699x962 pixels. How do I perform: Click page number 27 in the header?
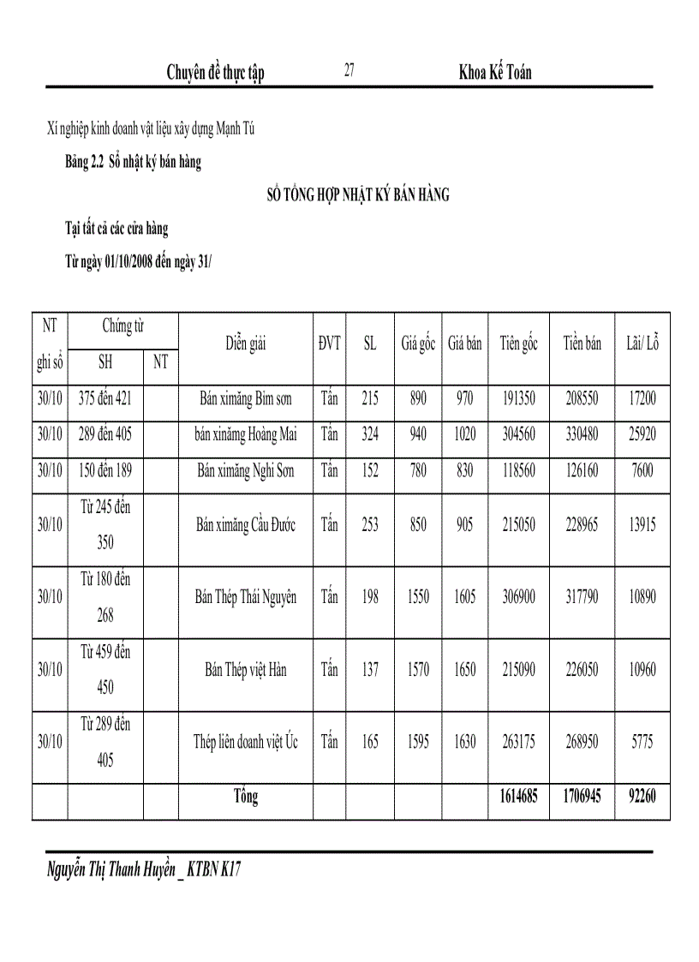(x=349, y=71)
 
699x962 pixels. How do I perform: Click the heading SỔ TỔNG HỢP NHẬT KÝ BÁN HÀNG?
(x=358, y=195)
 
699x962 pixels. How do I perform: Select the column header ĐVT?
(x=329, y=344)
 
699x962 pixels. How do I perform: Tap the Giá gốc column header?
(x=418, y=344)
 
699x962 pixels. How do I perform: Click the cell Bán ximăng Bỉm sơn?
(x=246, y=398)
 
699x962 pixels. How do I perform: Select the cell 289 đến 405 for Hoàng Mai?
(x=105, y=434)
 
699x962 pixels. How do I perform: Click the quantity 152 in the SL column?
(x=369, y=470)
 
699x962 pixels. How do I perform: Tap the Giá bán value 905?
(x=464, y=525)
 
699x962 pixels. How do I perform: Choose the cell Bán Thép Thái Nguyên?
(x=246, y=597)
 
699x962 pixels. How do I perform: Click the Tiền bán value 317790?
(x=582, y=597)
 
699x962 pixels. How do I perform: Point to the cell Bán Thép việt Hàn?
(x=246, y=670)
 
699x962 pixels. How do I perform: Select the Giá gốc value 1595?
(x=418, y=742)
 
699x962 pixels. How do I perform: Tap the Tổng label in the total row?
(x=246, y=797)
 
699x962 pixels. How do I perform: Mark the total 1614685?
(x=518, y=797)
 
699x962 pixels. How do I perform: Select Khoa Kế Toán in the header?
(x=495, y=73)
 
